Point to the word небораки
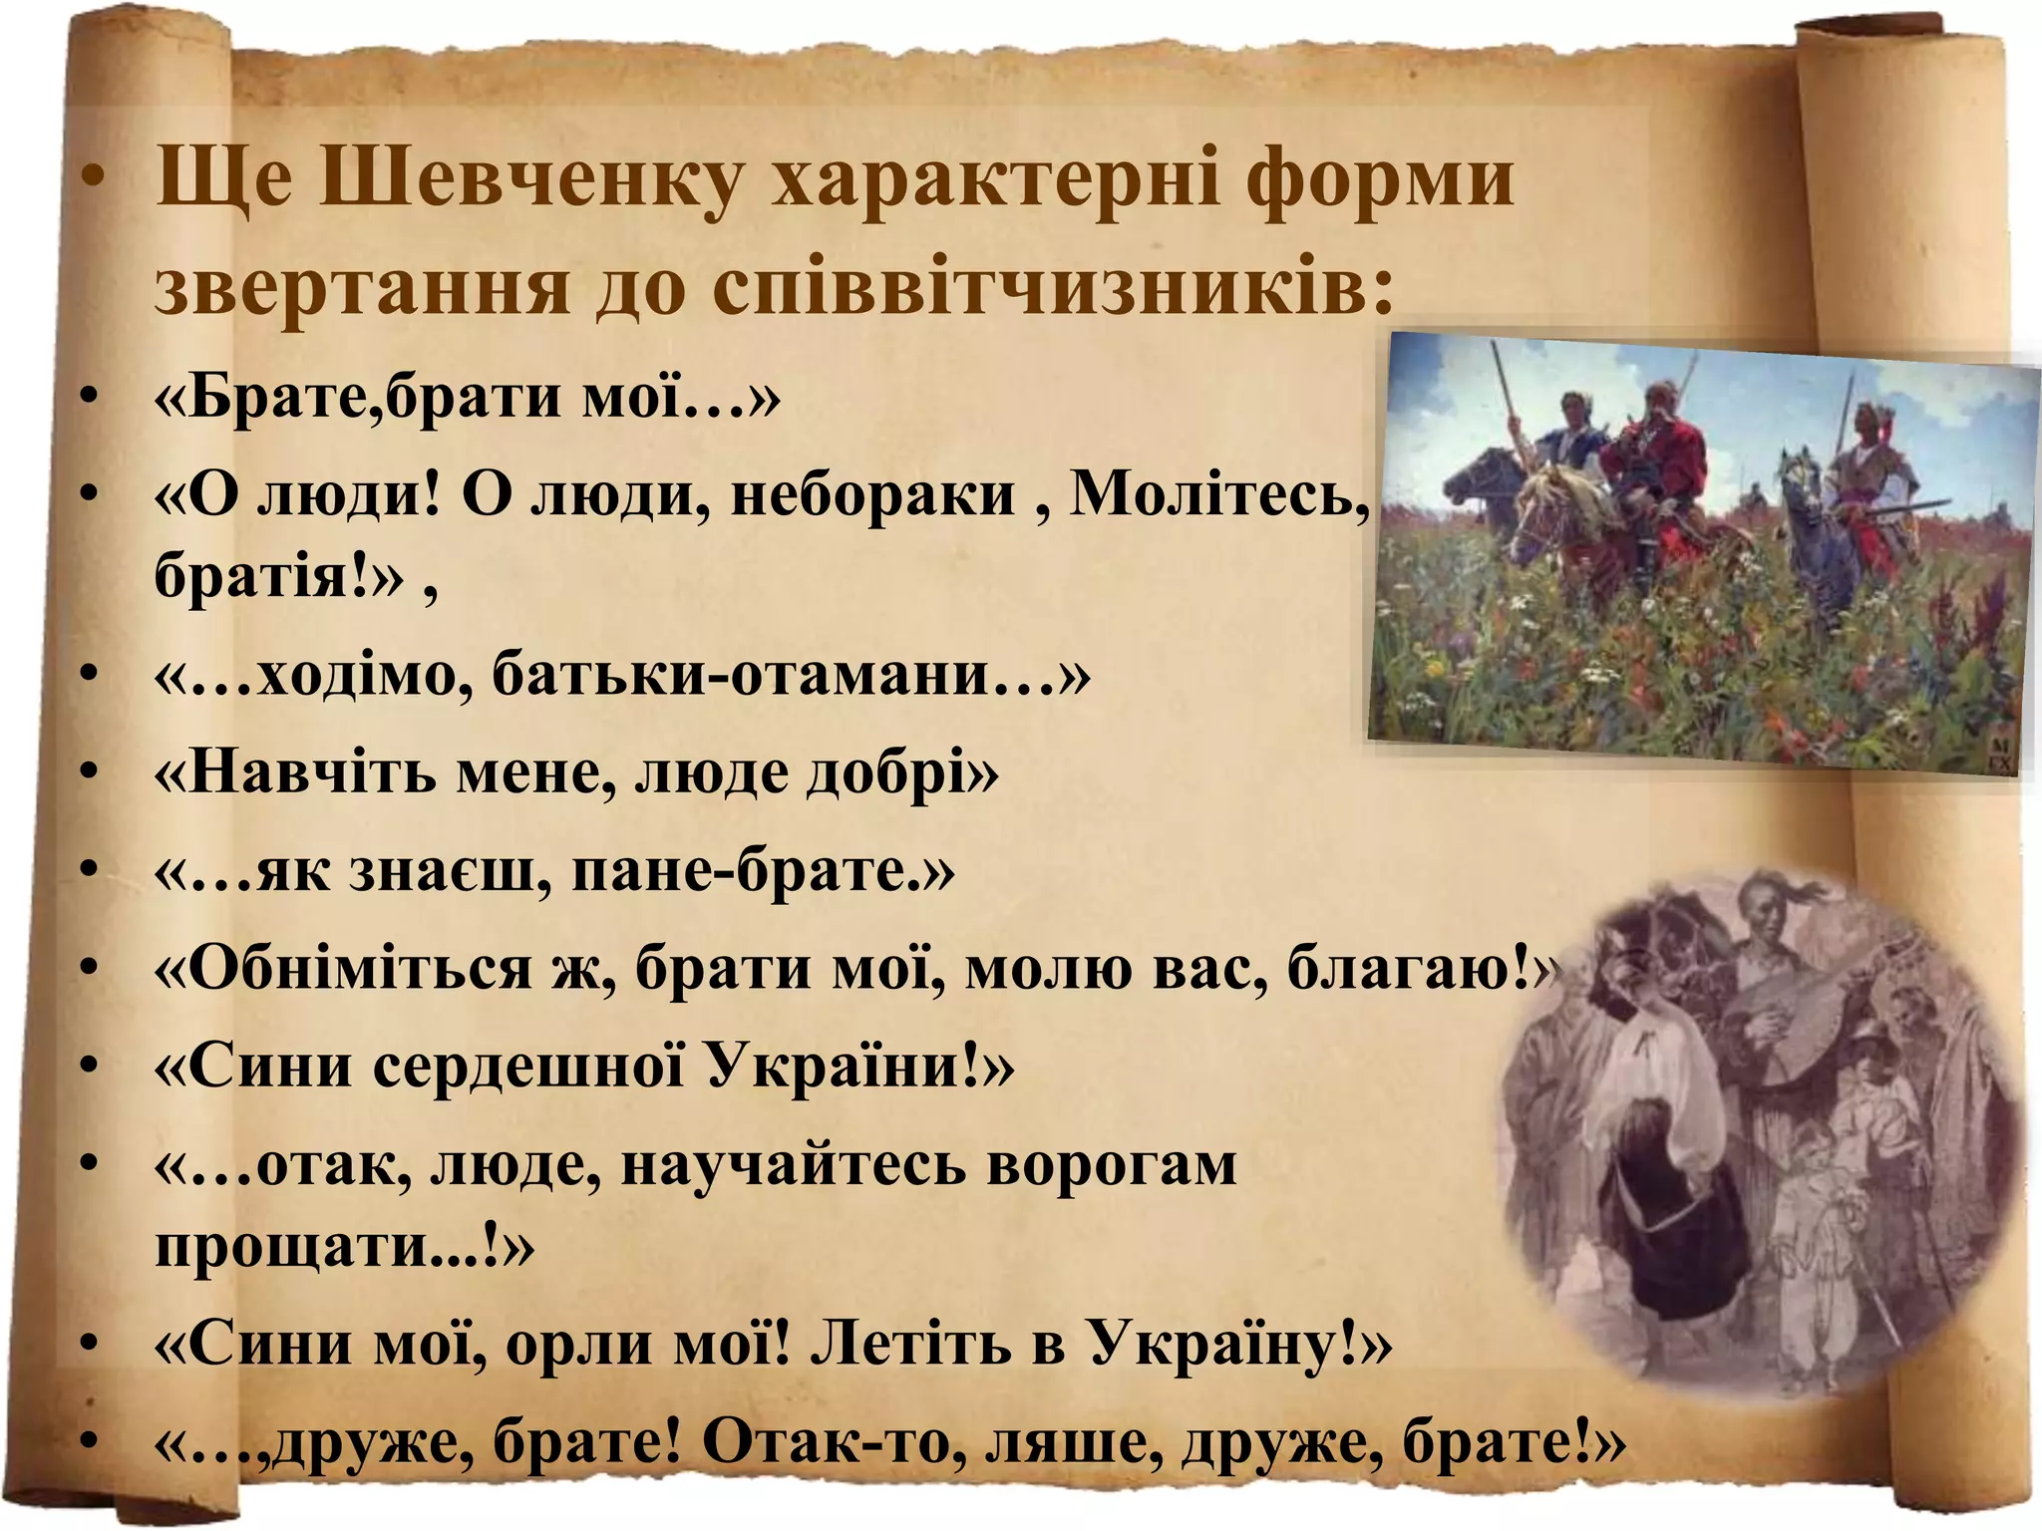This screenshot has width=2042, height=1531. [x=872, y=494]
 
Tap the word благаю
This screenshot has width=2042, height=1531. [x=1406, y=967]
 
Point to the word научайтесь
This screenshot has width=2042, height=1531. [x=793, y=1164]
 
